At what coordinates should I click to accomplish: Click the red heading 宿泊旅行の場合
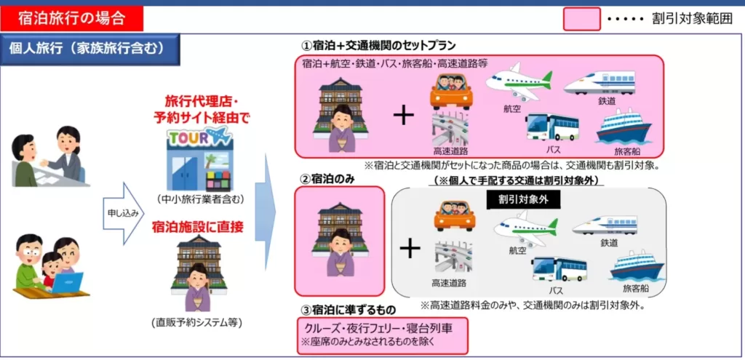click(x=72, y=19)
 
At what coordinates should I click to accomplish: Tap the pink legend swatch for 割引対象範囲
click(x=582, y=19)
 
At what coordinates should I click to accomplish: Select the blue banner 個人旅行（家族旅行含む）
click(x=90, y=49)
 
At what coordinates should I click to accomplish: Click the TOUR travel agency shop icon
click(x=199, y=160)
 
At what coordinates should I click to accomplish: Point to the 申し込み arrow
click(x=122, y=213)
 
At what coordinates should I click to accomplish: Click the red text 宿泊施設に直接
click(x=198, y=228)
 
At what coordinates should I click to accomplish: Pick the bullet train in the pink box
click(x=599, y=84)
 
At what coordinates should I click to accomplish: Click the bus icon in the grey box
click(x=559, y=271)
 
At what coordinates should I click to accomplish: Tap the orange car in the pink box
click(x=451, y=91)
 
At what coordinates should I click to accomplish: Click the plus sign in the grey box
click(x=410, y=249)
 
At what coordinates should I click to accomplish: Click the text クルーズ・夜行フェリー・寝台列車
click(x=378, y=328)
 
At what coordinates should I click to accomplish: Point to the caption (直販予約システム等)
click(x=197, y=323)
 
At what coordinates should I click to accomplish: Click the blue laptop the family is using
click(x=66, y=283)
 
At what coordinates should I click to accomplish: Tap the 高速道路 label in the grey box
click(x=449, y=284)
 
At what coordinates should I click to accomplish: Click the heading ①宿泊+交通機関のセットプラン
click(x=378, y=46)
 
